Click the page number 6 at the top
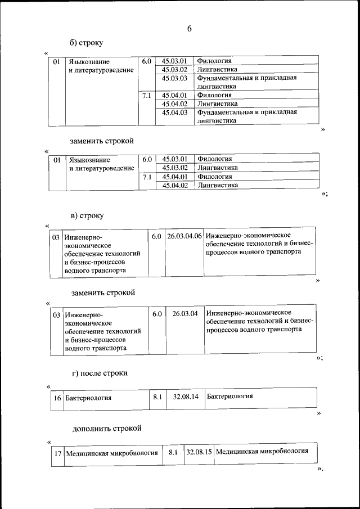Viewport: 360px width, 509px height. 190,29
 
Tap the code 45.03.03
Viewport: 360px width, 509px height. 174,78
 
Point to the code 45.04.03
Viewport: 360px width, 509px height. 174,112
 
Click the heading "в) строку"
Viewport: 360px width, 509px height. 87,215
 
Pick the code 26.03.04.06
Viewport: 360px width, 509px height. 184,236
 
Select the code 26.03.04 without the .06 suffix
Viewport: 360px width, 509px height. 185,313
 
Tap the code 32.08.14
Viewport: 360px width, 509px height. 186,397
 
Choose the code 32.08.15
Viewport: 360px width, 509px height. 199,452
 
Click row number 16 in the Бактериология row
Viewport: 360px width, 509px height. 57,398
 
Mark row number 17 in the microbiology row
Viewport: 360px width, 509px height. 57,452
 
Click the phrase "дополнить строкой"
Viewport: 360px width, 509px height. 106,429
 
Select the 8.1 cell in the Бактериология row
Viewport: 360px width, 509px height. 157,397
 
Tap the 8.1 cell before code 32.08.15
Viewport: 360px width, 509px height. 173,452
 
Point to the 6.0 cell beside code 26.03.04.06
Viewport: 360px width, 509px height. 156,236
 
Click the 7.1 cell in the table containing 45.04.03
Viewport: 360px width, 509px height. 146,96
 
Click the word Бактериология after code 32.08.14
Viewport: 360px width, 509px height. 229,396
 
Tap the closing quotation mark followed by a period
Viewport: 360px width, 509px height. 319,468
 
